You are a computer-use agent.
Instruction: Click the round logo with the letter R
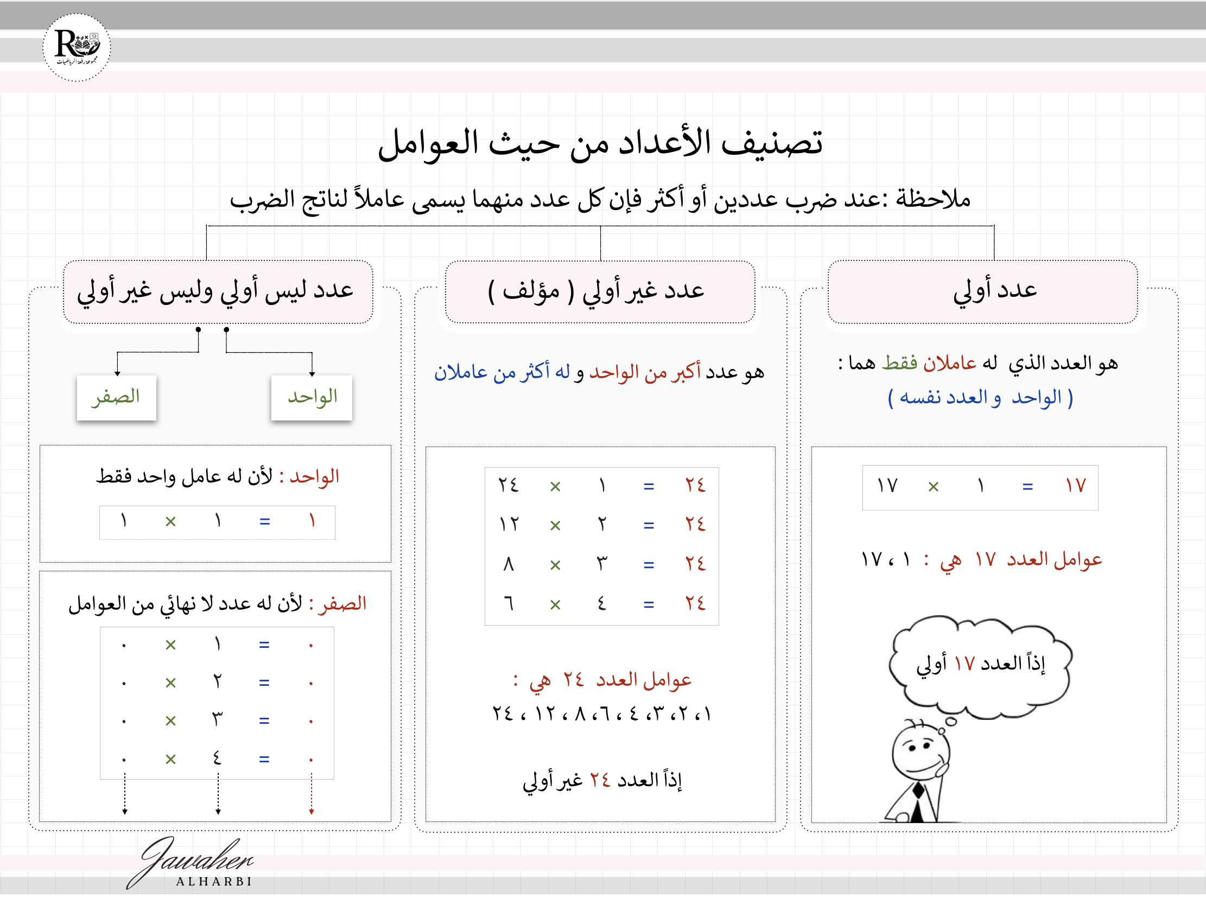tap(77, 47)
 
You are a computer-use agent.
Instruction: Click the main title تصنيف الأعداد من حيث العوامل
tap(600, 143)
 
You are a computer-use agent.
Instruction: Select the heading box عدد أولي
tap(982, 291)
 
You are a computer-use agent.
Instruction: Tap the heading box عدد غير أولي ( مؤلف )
tap(600, 291)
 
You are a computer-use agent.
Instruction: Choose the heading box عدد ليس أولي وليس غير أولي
tap(218, 291)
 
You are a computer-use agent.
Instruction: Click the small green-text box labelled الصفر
tap(116, 397)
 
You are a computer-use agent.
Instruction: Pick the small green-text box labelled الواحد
tap(312, 397)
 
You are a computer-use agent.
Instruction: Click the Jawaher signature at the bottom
tap(191, 859)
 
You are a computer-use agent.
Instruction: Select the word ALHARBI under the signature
tap(214, 882)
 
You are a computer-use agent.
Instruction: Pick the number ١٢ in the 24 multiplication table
tap(510, 525)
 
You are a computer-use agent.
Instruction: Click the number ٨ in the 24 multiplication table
tap(509, 564)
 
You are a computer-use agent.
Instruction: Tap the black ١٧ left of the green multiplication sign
tap(887, 486)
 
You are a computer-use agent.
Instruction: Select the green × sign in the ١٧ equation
tap(934, 486)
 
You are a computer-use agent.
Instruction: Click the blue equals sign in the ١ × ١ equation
tap(265, 522)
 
